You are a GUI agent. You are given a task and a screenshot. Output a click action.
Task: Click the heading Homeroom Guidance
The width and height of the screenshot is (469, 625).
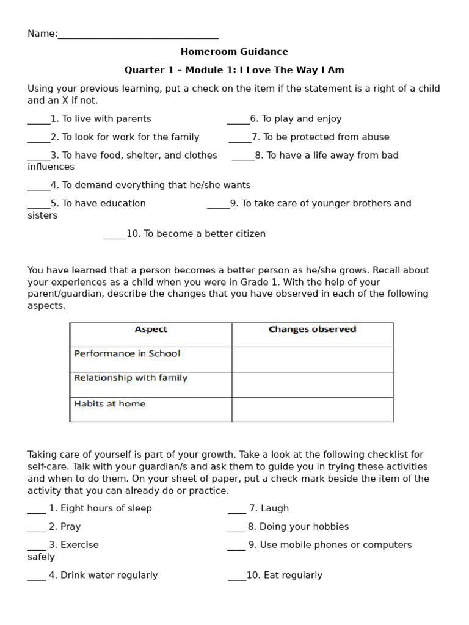click(234, 52)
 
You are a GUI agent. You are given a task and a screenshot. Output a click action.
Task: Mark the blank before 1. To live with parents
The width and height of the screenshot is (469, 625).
click(38, 120)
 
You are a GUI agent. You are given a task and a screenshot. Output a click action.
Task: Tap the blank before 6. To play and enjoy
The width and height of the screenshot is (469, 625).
click(238, 120)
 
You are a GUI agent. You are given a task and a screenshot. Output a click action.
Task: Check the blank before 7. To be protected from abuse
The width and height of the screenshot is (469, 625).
click(239, 139)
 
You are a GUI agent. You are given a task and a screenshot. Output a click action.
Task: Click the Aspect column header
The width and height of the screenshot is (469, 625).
click(151, 330)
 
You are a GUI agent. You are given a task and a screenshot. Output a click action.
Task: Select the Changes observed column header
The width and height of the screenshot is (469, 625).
click(312, 330)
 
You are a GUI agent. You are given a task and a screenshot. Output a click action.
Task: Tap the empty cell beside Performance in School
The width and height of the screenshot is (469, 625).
click(312, 359)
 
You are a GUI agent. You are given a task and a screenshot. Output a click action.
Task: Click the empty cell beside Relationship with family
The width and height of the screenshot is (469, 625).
click(312, 385)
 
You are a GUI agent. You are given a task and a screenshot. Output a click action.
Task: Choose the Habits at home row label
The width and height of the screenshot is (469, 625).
click(110, 404)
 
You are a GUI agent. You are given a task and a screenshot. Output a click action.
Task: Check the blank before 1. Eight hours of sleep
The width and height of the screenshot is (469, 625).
click(37, 510)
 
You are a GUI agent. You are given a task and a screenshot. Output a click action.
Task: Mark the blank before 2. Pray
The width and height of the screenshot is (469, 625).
click(37, 528)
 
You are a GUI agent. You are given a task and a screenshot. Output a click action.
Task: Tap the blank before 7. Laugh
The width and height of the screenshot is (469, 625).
click(237, 510)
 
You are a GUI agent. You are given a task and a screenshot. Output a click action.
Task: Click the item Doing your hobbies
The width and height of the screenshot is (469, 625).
click(298, 527)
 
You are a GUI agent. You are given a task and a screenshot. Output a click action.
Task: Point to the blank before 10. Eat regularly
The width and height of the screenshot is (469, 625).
click(236, 577)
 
